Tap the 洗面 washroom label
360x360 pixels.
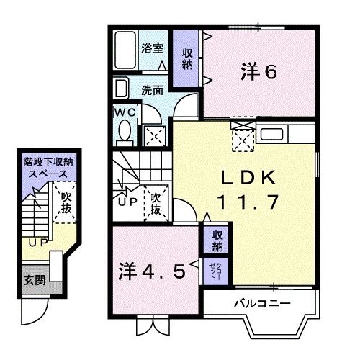point(152,91)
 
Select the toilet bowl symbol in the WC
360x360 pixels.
point(125,132)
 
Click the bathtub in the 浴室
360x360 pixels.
point(125,50)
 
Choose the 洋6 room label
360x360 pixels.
point(258,72)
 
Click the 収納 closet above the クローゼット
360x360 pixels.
point(216,240)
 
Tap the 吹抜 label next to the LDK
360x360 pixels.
point(156,202)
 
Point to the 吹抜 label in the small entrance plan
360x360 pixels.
point(66,202)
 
